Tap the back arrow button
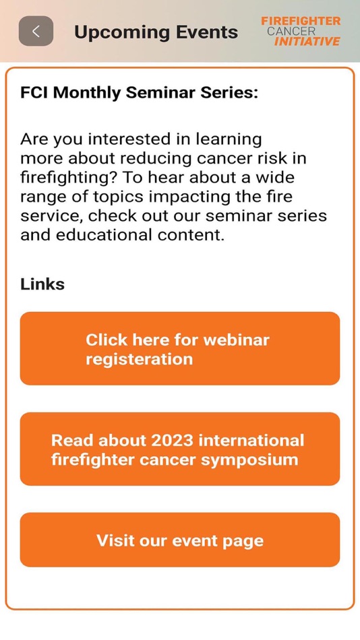(36, 31)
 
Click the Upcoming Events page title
(156, 32)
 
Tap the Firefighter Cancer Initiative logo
(301, 31)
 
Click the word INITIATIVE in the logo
(307, 42)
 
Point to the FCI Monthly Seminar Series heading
(139, 93)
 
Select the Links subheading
(42, 284)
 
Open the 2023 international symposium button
(179, 449)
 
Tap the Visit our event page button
(179, 540)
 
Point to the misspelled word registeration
(139, 359)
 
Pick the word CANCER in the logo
(291, 31)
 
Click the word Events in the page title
(206, 32)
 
